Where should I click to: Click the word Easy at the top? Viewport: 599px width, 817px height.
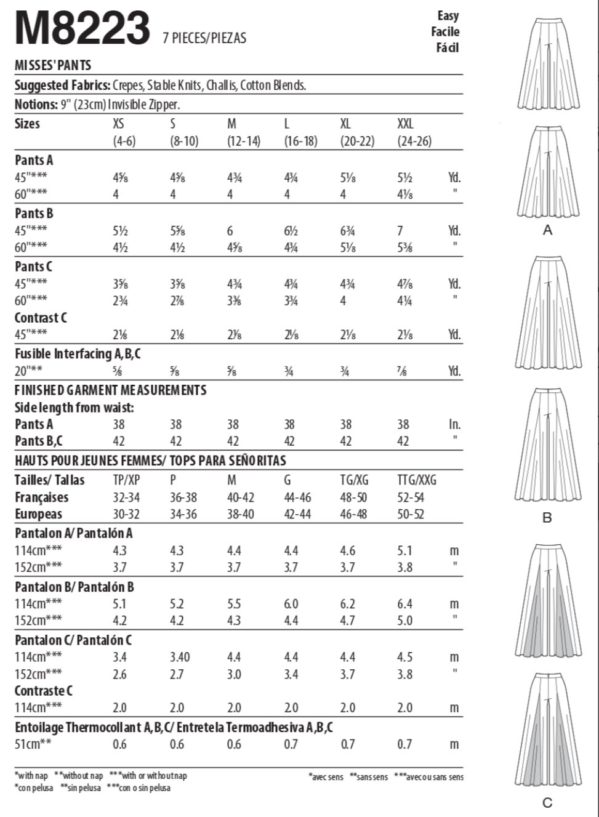pos(448,15)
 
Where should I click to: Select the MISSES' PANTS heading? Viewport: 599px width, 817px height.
pos(53,65)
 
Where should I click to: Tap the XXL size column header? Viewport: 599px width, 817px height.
pos(405,124)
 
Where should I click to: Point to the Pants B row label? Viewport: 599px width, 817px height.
pos(34,214)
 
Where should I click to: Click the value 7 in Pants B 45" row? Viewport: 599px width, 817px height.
pos(400,231)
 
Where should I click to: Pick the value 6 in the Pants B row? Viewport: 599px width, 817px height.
pos(230,231)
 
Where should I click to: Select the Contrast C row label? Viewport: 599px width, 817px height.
pos(41,318)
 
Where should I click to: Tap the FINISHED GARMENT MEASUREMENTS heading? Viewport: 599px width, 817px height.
pos(111,390)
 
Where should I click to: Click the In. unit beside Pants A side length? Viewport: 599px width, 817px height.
pos(454,424)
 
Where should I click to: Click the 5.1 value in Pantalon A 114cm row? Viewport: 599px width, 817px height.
pos(405,550)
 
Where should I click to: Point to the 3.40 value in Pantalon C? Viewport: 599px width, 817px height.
pos(179,657)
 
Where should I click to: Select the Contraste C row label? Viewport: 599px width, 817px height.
pos(44,691)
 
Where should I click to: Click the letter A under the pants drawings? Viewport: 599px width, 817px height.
pos(547,230)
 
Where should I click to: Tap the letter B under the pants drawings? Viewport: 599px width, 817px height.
pos(547,518)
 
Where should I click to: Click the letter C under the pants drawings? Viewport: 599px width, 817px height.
pos(547,802)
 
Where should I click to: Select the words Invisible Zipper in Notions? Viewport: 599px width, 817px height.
pos(143,105)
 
